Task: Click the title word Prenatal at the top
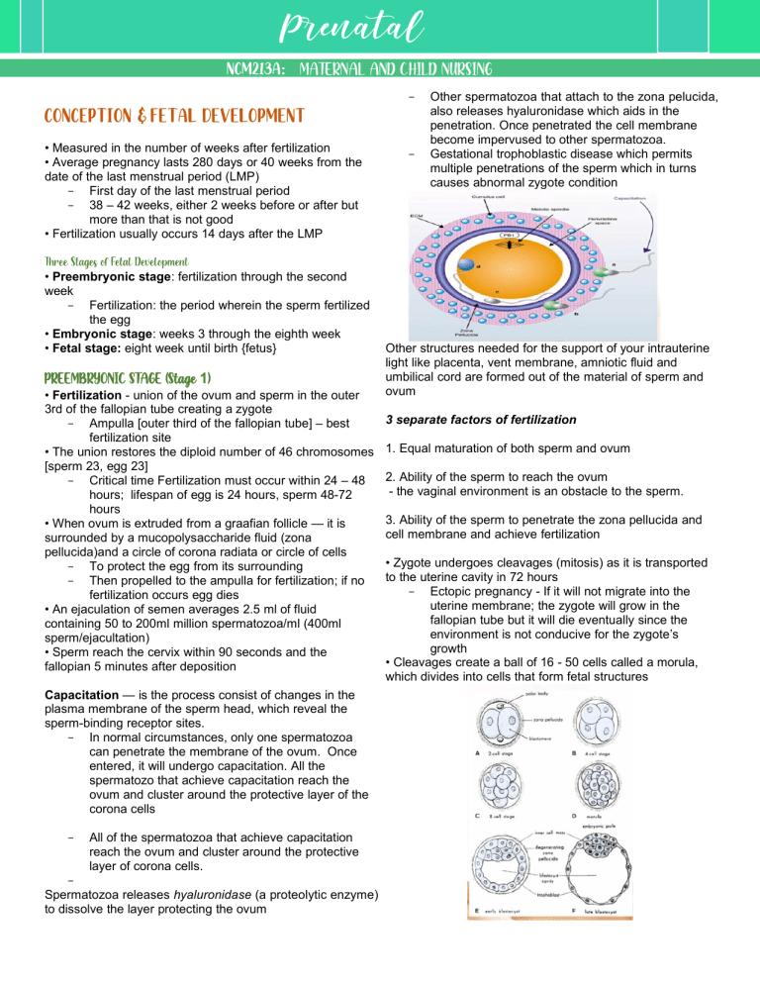click(380, 27)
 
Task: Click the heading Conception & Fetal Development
click(170, 116)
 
